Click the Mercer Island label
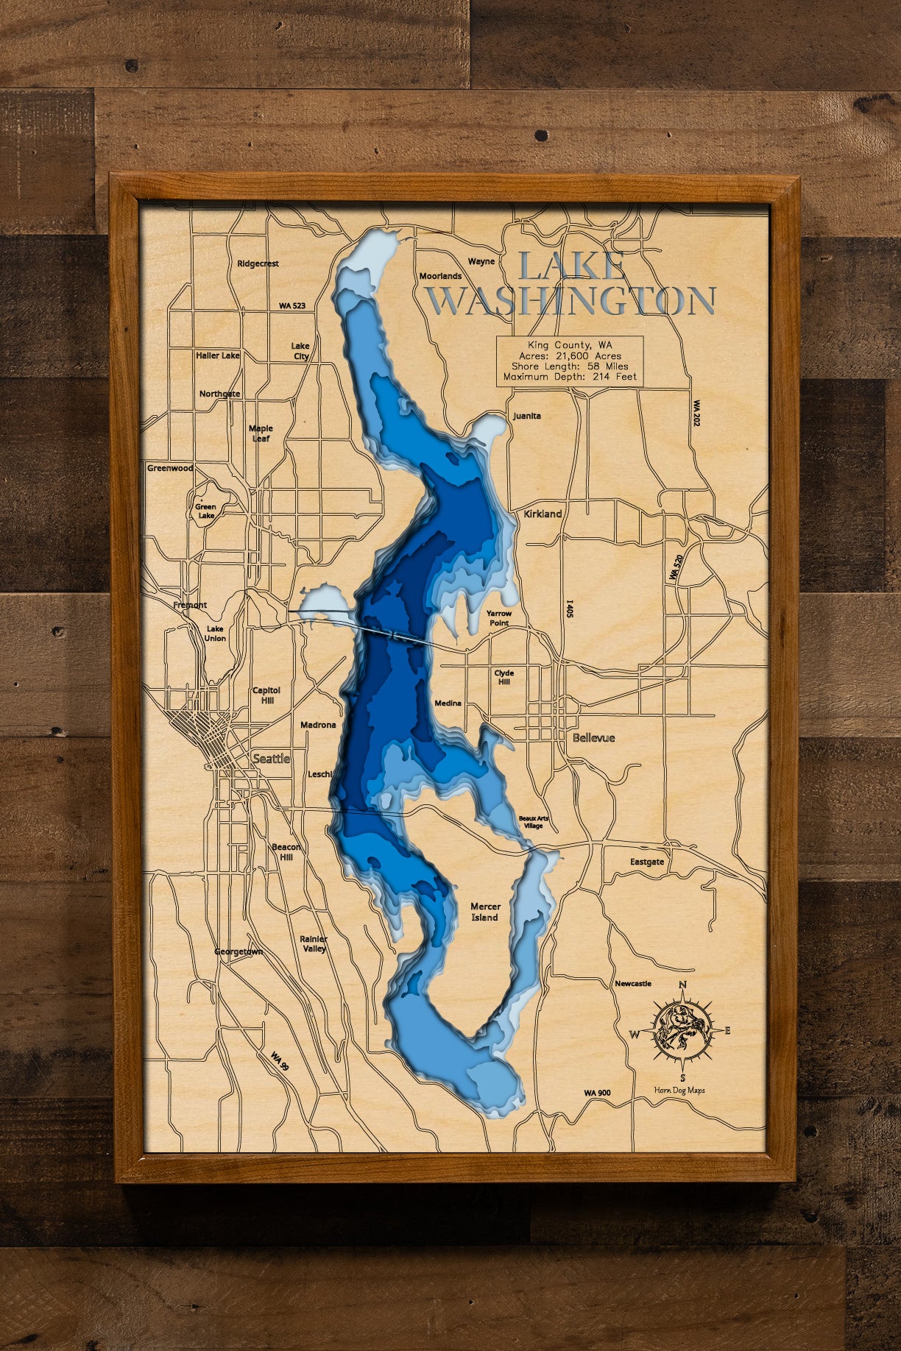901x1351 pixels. click(x=484, y=912)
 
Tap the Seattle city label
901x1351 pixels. click(x=271, y=759)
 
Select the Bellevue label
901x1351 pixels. click(x=593, y=737)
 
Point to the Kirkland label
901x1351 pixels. click(x=543, y=514)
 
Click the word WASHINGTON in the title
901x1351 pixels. click(x=571, y=300)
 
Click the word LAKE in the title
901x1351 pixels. click(x=572, y=266)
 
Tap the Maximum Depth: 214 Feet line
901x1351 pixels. click(x=570, y=377)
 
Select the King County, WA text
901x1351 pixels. click(x=570, y=344)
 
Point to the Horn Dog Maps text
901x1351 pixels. click(x=679, y=1091)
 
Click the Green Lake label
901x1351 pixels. click(x=205, y=511)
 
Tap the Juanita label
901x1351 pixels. click(x=527, y=416)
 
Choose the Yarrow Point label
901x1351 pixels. click(x=498, y=618)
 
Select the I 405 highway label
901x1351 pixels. click(x=568, y=609)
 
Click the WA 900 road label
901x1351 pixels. click(x=597, y=1093)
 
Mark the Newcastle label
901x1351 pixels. click(x=633, y=983)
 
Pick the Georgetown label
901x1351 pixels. click(x=238, y=951)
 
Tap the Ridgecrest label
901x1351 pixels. click(x=258, y=263)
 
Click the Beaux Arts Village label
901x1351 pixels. click(x=534, y=822)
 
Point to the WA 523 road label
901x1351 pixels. click(x=291, y=305)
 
